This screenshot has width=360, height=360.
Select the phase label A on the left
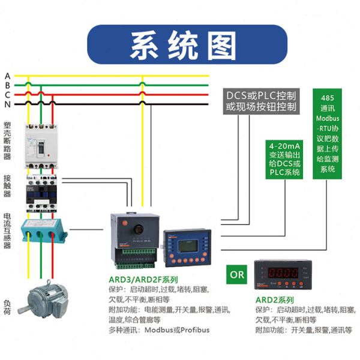7,76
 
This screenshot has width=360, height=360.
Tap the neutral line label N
7,105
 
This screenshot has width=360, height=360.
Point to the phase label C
7,95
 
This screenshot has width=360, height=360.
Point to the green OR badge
238,275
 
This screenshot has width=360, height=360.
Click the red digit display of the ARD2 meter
282,272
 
